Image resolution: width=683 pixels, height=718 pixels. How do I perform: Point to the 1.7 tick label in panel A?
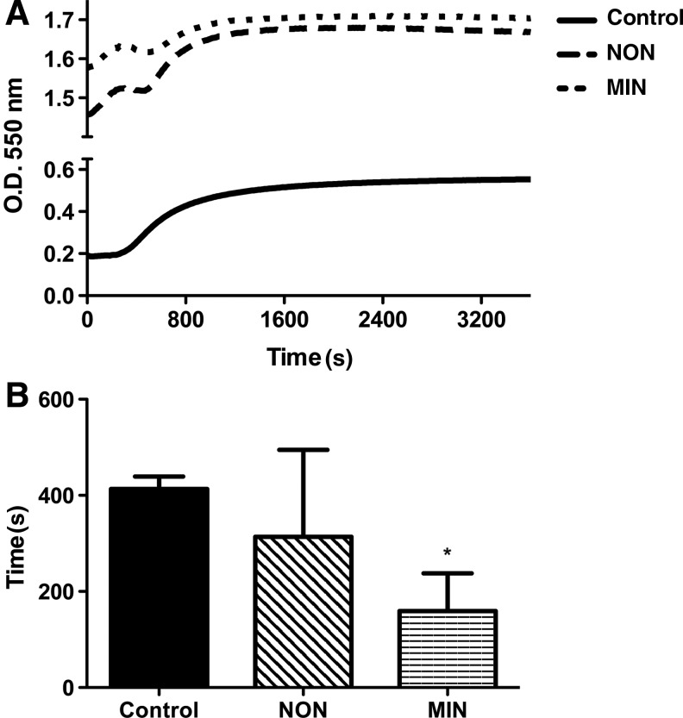(56, 19)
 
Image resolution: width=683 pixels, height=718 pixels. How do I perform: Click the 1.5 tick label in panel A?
(56, 99)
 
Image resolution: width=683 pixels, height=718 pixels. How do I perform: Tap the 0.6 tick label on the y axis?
(56, 169)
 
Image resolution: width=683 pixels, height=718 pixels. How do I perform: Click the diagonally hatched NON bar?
(303, 611)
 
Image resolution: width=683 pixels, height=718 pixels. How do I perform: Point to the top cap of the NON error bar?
(303, 449)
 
